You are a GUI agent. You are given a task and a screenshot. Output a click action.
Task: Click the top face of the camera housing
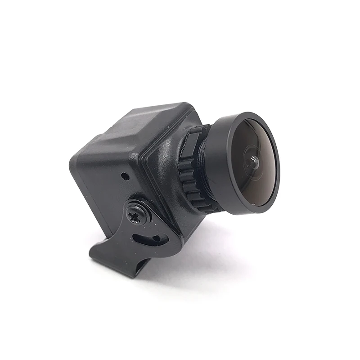coord(148,121)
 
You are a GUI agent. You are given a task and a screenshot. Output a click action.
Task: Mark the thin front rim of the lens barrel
coord(275,180)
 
